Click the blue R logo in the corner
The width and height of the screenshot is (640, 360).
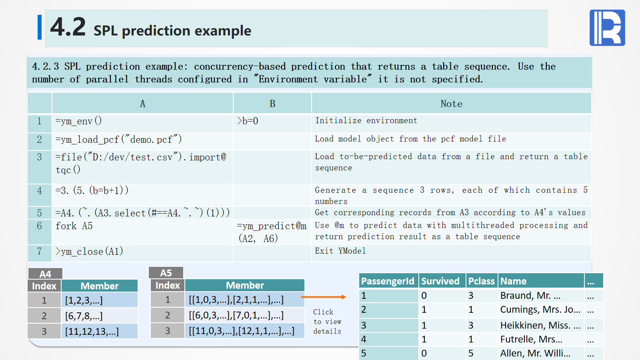607,28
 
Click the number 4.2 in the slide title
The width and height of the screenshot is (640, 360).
68,27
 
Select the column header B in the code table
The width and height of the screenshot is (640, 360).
272,104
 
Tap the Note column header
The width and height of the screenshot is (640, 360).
451,104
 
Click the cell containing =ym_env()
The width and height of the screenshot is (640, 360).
142,124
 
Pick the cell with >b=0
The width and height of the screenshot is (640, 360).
272,124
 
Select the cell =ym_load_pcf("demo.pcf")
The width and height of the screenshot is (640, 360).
142,142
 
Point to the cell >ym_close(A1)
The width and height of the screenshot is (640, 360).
142,253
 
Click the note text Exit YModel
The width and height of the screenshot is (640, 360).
340,251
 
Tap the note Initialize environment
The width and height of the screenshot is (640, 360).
366,120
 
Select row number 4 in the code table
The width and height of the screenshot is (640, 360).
40,195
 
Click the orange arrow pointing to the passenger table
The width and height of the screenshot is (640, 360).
324,297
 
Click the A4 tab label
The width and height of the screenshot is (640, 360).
45,274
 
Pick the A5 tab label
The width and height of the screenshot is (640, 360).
166,273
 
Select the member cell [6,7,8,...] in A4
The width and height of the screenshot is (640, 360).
100,316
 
